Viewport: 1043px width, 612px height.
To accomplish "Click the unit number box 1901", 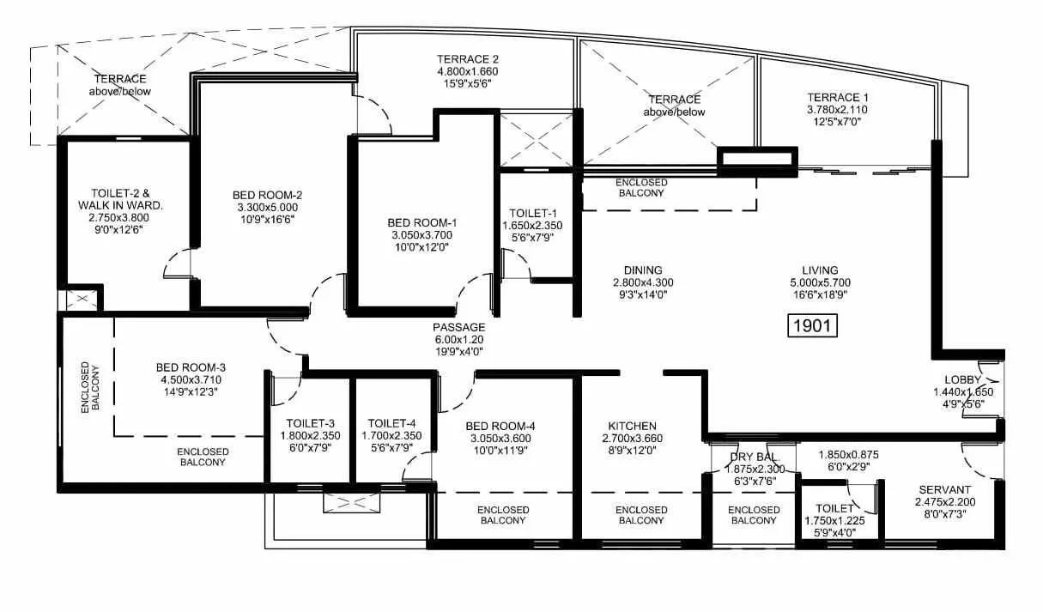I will click(812, 326).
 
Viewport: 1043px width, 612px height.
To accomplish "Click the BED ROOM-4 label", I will click(500, 426).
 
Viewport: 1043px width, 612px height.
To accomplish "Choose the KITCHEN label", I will click(632, 426).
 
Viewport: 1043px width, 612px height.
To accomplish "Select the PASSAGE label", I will click(458, 327).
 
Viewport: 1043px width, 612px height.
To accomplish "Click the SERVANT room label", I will click(945, 488).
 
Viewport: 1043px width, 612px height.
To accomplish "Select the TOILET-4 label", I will click(391, 423).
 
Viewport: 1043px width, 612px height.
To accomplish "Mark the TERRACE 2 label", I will click(468, 59).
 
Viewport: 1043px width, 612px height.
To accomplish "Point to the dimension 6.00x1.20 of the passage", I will click(458, 340).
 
